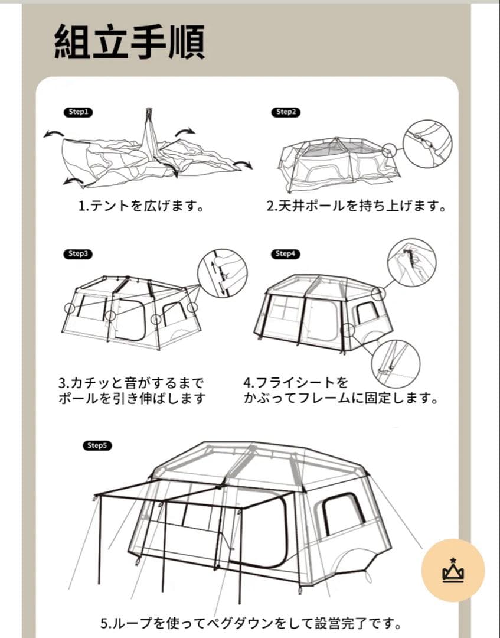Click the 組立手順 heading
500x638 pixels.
tap(130, 41)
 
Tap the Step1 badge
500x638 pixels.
tap(78, 112)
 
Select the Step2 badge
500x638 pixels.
tap(286, 112)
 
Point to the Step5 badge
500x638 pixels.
tap(97, 445)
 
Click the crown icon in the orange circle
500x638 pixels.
tap(453, 571)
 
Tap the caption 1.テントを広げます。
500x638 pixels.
tap(141, 207)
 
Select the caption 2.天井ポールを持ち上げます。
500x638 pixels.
tap(355, 207)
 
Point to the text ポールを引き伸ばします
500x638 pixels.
tap(132, 398)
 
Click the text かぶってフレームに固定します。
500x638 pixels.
tap(341, 398)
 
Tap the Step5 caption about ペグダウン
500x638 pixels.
tap(251, 623)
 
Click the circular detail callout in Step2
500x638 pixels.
tap(427, 144)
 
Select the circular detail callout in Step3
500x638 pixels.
tap(222, 273)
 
